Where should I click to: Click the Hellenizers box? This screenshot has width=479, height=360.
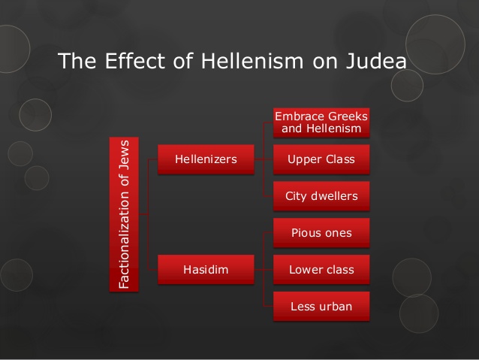[x=206, y=159]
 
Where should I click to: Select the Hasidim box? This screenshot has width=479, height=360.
[x=206, y=270]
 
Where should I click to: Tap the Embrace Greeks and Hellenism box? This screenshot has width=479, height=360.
[x=321, y=123]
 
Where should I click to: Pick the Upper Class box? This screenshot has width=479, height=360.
[x=321, y=159]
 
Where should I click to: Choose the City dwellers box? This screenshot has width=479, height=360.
[x=321, y=196]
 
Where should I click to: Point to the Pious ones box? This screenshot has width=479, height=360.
[x=321, y=233]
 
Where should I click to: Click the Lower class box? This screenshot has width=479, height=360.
[x=321, y=270]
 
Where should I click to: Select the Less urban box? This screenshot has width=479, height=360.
[x=321, y=306]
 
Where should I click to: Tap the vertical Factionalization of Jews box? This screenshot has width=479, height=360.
[x=124, y=214]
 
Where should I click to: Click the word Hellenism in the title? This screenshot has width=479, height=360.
[x=252, y=61]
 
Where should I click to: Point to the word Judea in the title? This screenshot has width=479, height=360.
[x=376, y=61]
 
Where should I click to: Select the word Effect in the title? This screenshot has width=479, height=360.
[x=135, y=61]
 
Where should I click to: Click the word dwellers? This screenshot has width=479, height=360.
[x=334, y=196]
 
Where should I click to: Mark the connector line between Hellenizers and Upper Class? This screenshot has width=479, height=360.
[x=264, y=159]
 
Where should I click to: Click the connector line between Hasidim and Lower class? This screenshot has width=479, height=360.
[x=264, y=270]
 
